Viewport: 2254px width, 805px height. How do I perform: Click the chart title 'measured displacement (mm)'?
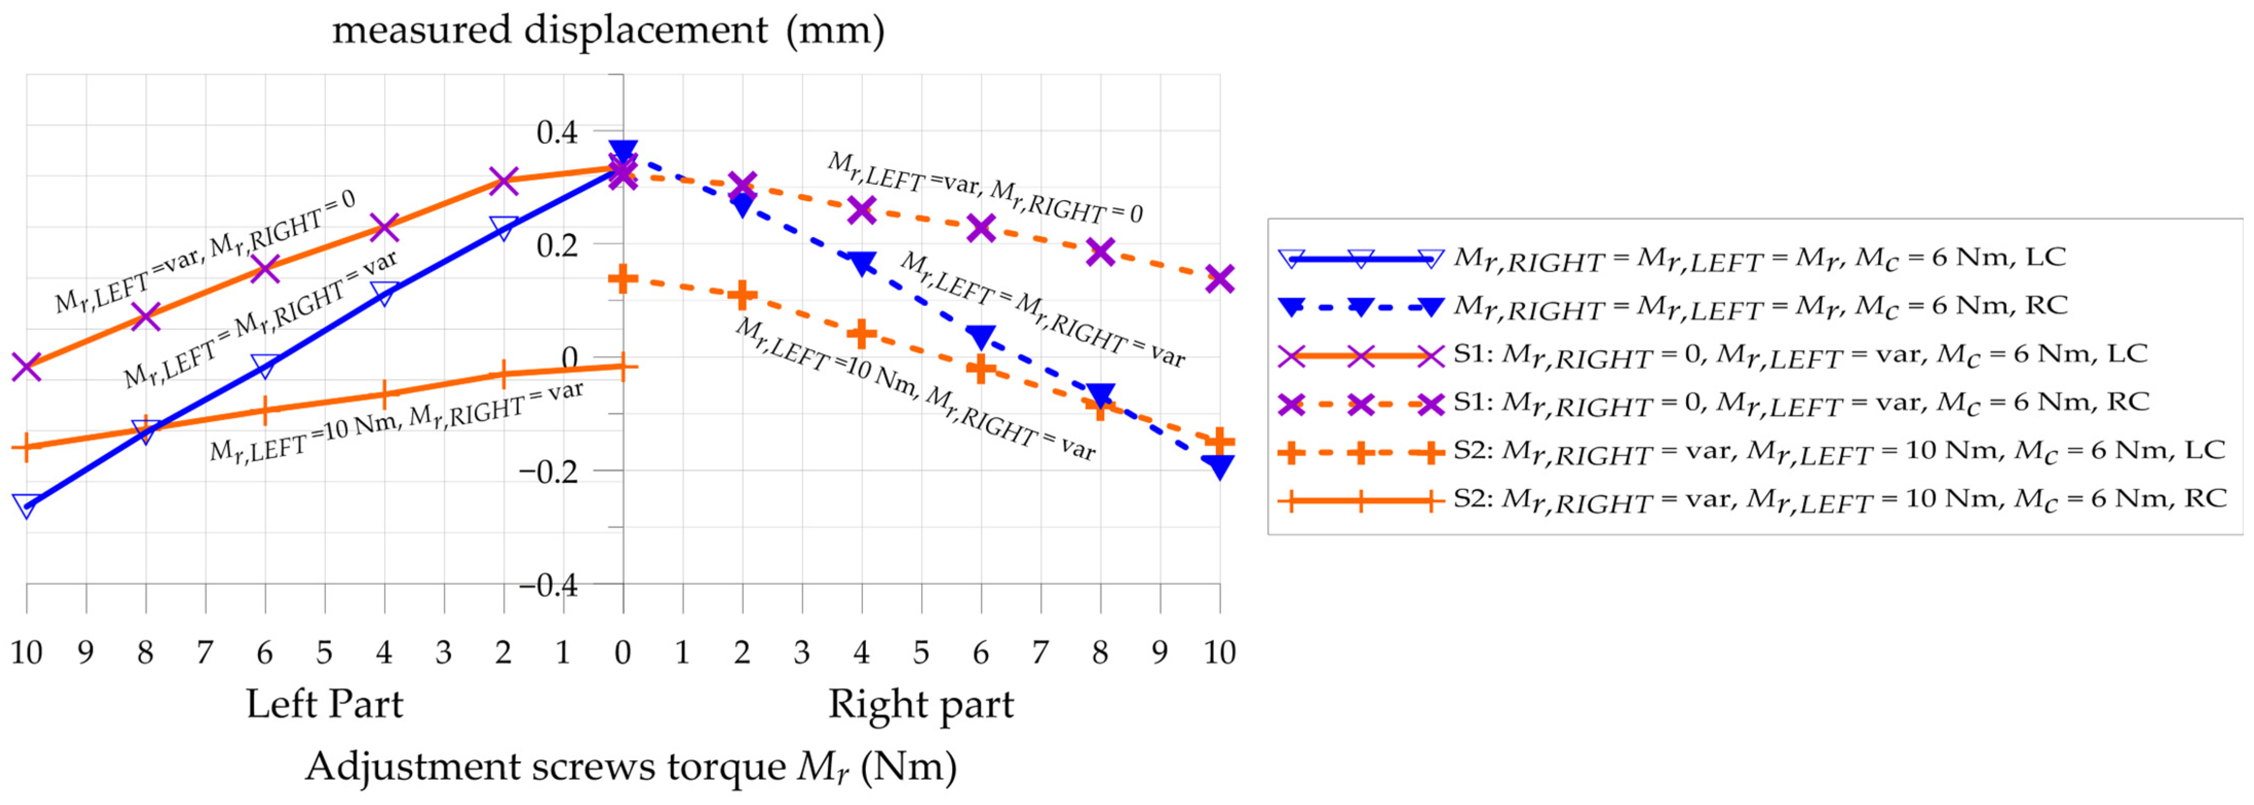point(608,31)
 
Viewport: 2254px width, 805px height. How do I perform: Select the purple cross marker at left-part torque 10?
point(26,367)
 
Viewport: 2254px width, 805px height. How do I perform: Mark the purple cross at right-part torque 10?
point(1220,279)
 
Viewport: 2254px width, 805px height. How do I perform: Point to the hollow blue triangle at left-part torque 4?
point(384,293)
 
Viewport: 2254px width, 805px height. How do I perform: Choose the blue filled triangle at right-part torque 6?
point(981,336)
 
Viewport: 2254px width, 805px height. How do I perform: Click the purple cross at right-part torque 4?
point(862,210)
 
